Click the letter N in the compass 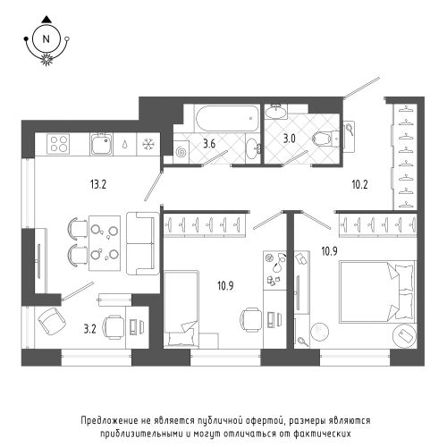(46, 39)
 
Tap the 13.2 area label (98, 185)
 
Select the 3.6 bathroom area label (209, 144)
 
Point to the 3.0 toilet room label (289, 139)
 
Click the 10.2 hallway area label (359, 185)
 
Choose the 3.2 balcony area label (89, 330)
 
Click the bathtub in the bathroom (226, 118)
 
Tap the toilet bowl (325, 139)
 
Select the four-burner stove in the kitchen (58, 144)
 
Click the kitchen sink (102, 144)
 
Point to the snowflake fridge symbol (148, 144)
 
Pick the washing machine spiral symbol (181, 152)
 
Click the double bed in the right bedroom (377, 291)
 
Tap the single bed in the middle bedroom (181, 308)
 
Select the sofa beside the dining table (143, 243)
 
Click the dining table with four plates (105, 243)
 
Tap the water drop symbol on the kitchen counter (125, 144)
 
